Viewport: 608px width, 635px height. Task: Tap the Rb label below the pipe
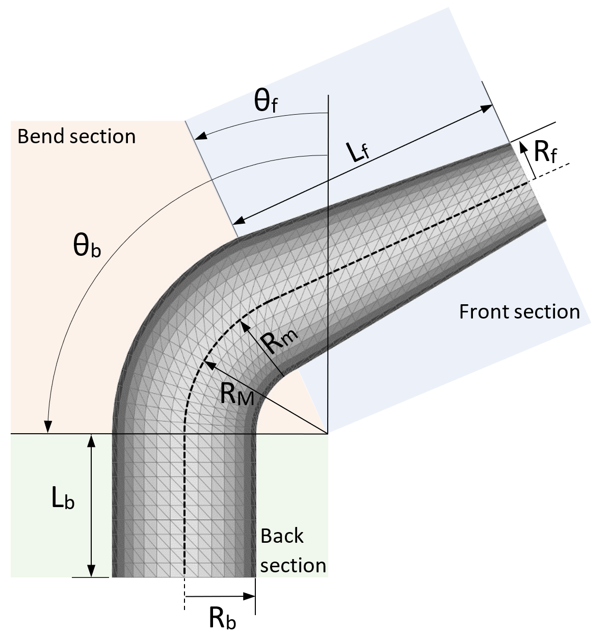tap(223, 618)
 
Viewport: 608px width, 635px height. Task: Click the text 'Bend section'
tap(76, 137)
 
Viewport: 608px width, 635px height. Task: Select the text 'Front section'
tap(519, 311)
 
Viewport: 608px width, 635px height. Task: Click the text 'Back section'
tap(293, 550)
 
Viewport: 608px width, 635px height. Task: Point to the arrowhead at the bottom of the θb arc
tap(48, 428)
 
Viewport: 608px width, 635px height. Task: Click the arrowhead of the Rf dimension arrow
tap(523, 147)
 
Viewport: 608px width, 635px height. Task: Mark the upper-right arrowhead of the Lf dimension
tap(488, 108)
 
